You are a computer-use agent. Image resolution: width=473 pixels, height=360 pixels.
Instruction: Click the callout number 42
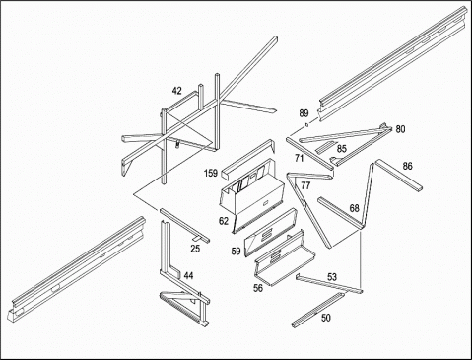click(x=177, y=91)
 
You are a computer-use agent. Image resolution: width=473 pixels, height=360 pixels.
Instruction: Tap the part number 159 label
click(x=211, y=173)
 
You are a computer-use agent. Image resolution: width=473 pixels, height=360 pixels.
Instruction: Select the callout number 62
click(x=224, y=221)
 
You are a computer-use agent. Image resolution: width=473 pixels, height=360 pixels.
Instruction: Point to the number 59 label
click(x=236, y=252)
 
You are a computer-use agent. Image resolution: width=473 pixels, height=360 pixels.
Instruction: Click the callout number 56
click(x=258, y=288)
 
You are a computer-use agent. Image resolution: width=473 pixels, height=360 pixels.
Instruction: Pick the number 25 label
click(x=195, y=249)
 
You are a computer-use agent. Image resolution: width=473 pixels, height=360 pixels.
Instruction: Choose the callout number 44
click(x=188, y=275)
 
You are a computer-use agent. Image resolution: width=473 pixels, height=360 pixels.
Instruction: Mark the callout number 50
click(x=326, y=318)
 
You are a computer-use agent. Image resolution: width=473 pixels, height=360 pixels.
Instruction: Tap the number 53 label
click(x=332, y=277)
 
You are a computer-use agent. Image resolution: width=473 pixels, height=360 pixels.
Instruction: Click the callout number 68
click(x=355, y=208)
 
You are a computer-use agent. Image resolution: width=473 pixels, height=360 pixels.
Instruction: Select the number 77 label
click(x=305, y=185)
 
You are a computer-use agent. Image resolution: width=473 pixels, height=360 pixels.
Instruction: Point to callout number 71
click(x=299, y=158)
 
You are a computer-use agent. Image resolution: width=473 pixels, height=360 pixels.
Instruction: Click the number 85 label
click(x=342, y=149)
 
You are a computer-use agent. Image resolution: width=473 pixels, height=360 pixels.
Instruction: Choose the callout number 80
click(x=400, y=129)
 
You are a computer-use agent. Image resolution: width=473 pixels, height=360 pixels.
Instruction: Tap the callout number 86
click(x=407, y=166)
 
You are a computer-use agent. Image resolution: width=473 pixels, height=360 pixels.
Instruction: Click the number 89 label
click(x=304, y=113)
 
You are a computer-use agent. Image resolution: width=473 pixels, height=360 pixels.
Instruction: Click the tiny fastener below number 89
click(x=306, y=124)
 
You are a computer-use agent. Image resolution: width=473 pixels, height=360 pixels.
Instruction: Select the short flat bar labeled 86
click(x=399, y=175)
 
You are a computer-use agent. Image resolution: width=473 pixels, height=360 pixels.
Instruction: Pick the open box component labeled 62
click(x=251, y=195)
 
